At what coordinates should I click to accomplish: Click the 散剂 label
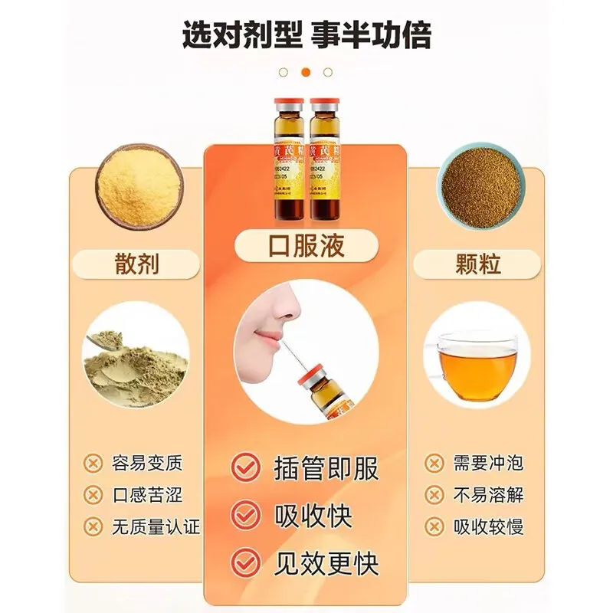pyautogui.click(x=137, y=264)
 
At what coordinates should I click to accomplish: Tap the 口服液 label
pyautogui.click(x=306, y=245)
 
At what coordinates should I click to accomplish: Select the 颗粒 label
pyautogui.click(x=477, y=264)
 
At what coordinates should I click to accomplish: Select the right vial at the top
pyautogui.click(x=327, y=159)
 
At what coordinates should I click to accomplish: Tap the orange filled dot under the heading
pyautogui.click(x=306, y=72)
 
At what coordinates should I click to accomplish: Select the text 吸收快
pyautogui.click(x=313, y=516)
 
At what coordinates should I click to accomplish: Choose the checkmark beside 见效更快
pyautogui.click(x=246, y=564)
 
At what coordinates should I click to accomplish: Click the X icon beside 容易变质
pyautogui.click(x=93, y=463)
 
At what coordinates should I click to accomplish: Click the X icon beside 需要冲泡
pyautogui.click(x=434, y=463)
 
